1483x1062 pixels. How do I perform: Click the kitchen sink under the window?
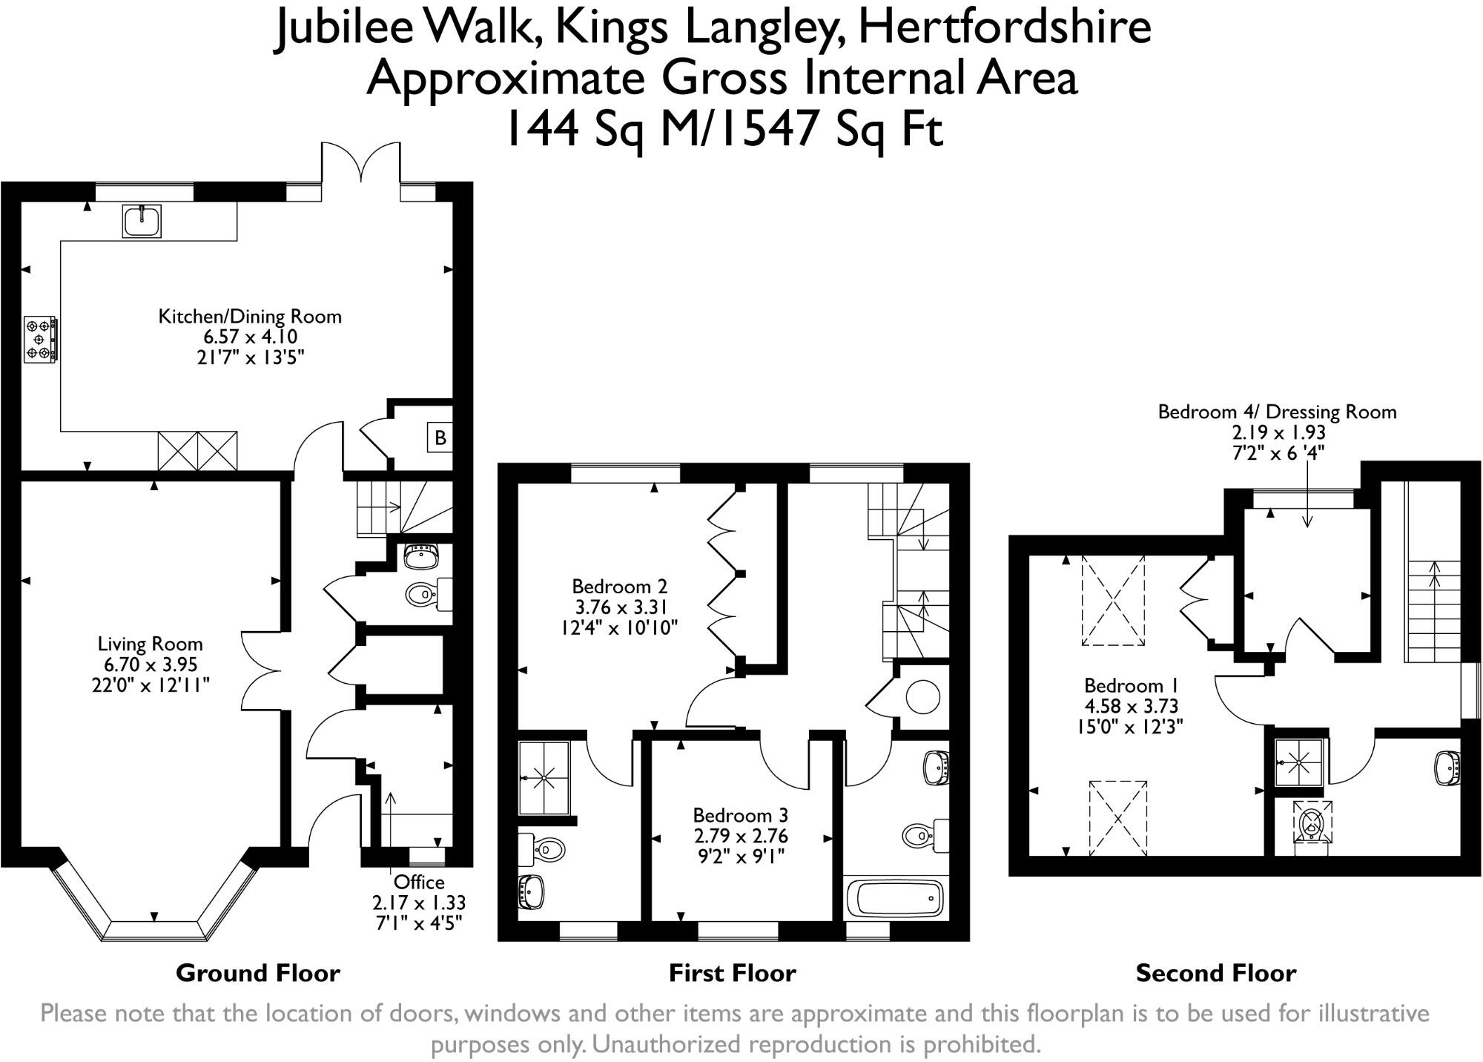(142, 221)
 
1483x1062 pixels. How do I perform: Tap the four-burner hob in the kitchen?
(40, 340)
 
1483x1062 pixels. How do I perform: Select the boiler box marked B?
(440, 438)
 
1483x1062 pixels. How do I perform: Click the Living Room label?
(151, 644)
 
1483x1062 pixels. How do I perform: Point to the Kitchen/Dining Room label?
(250, 317)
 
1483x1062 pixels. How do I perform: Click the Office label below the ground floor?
(419, 883)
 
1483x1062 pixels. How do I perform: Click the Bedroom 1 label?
(1131, 685)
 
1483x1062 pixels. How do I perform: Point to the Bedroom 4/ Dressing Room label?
(1277, 412)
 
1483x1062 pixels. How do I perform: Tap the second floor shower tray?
(1298, 762)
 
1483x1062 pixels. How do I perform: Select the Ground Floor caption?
(258, 973)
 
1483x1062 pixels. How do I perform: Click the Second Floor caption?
(1216, 973)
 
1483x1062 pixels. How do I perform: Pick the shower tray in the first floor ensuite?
(544, 778)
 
